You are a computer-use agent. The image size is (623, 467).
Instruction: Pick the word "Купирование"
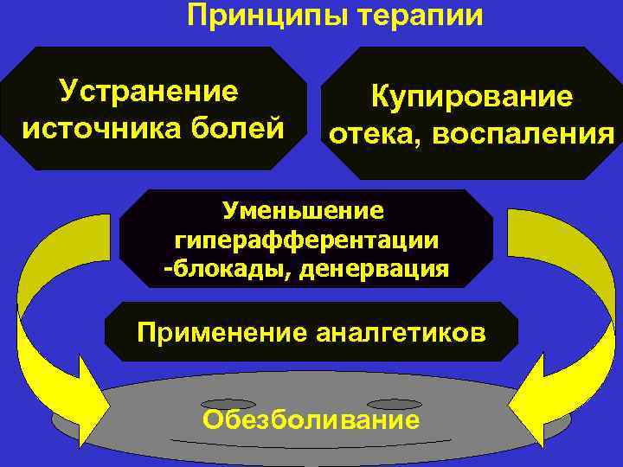pyautogui.click(x=472, y=97)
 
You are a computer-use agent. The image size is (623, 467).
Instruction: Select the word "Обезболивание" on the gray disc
pyautogui.click(x=311, y=420)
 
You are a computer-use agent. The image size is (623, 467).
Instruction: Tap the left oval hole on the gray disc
pyautogui.click(x=228, y=404)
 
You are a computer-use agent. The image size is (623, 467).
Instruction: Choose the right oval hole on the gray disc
pyautogui.click(x=394, y=404)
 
